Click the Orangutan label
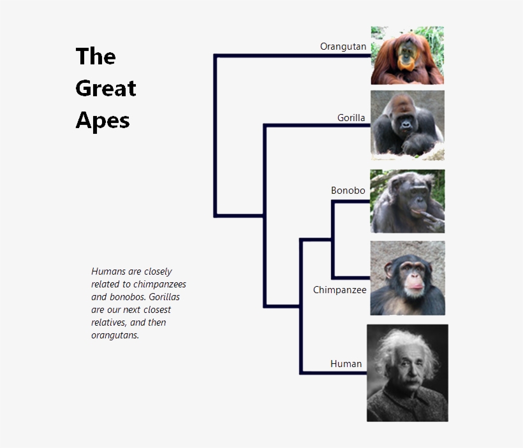[343, 47]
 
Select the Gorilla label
[351, 117]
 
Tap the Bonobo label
[348, 191]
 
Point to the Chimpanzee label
[340, 290]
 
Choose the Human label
[346, 364]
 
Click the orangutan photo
[408, 55]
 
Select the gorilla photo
[408, 125]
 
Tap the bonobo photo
[408, 201]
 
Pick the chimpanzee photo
[408, 278]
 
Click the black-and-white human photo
[408, 373]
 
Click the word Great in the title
[106, 88]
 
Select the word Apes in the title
[103, 120]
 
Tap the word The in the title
[96, 56]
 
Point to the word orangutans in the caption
[115, 335]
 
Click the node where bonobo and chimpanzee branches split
[332, 240]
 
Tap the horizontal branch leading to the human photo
[333, 372]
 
